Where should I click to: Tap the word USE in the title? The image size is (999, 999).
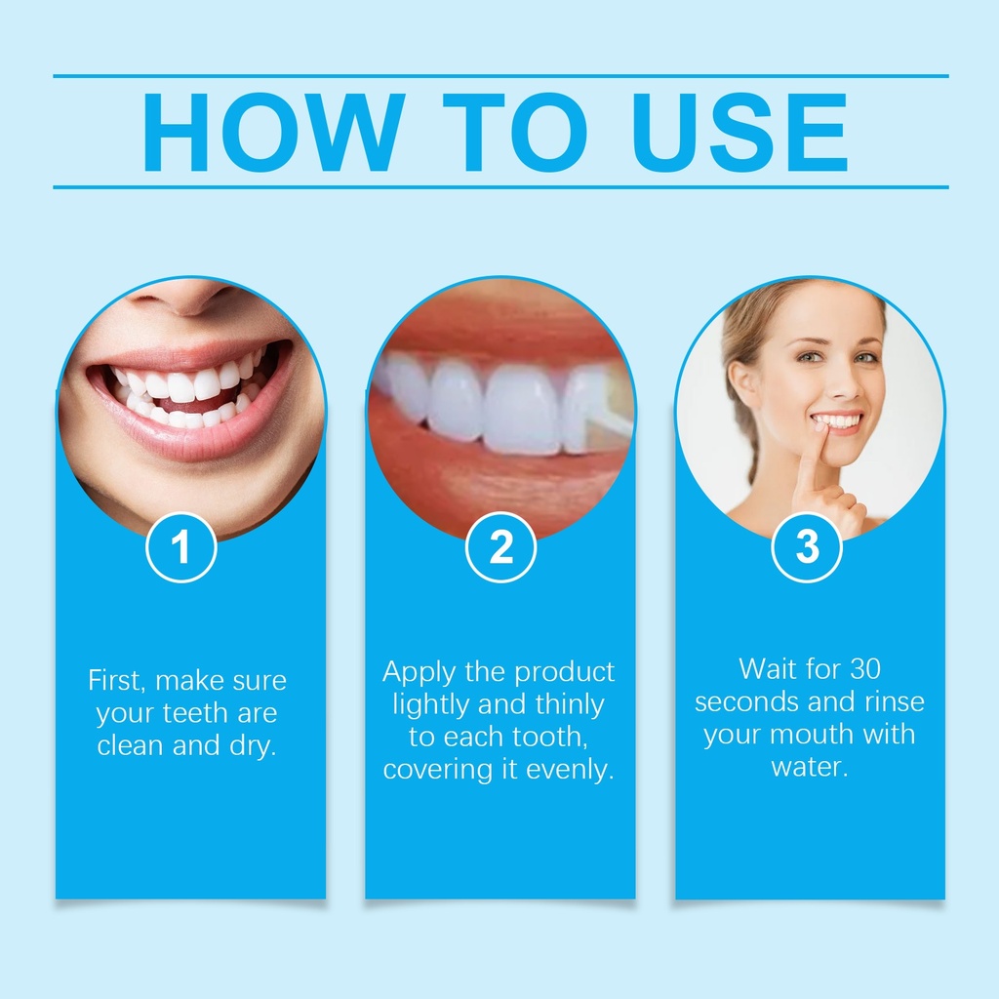740,132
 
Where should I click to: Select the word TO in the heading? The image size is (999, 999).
515,132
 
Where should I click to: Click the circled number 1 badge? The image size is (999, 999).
180,547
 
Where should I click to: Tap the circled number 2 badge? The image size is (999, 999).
500,547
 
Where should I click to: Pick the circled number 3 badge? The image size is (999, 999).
807,547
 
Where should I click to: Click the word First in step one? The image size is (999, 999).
117,680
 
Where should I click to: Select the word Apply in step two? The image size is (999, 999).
420,673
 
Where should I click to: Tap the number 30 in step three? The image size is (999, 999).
865,669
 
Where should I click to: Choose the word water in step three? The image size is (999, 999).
809,767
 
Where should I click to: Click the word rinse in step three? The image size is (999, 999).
895,701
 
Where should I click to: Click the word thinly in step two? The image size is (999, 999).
570,705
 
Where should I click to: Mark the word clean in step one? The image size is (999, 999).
131,745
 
